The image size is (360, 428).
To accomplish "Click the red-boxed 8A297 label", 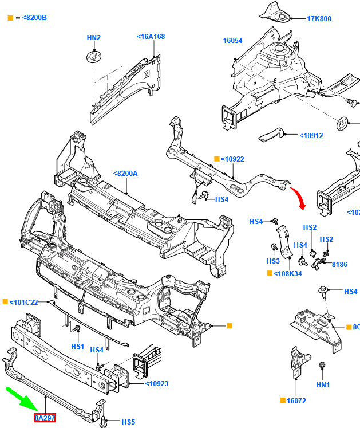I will coord(45,418).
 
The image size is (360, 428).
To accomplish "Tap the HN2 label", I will coord(93,38).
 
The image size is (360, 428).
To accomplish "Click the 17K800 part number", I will coord(319,19).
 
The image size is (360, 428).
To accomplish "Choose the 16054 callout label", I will coord(232,41).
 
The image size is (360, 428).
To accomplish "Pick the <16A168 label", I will coord(151,37).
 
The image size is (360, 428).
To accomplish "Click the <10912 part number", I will coord(311,136).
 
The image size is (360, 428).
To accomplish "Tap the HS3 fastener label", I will coord(273,261).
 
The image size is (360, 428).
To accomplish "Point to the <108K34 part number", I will coord(288,273).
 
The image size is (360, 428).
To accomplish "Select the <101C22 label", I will coord(24,302).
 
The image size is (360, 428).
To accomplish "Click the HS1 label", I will coord(77,347).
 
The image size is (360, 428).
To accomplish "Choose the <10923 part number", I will coord(156,383).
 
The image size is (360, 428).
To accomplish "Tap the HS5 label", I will coord(128,422).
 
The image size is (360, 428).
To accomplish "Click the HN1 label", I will coord(323,385).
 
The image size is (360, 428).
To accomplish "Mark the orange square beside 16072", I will coord(283,400).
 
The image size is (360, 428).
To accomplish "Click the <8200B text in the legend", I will coord(35,18).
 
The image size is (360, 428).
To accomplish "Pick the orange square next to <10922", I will coord(216,159).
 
